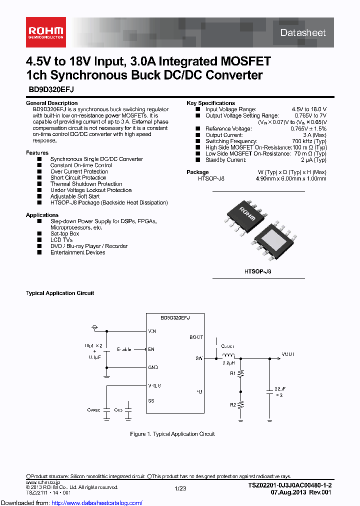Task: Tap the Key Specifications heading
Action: click(x=210, y=103)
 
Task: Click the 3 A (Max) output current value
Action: click(x=314, y=135)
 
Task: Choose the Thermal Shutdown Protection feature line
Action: click(x=86, y=184)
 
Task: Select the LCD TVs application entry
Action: click(x=61, y=240)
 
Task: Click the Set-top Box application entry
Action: click(x=64, y=233)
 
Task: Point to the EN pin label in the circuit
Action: click(x=151, y=349)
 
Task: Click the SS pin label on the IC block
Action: click(x=151, y=401)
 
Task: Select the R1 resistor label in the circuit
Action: click(x=232, y=373)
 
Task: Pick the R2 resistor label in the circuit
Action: click(x=232, y=404)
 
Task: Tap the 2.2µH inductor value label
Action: click(x=229, y=363)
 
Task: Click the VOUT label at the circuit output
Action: click(x=288, y=353)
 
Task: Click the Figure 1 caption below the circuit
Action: click(x=172, y=434)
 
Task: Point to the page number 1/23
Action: click(x=180, y=488)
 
